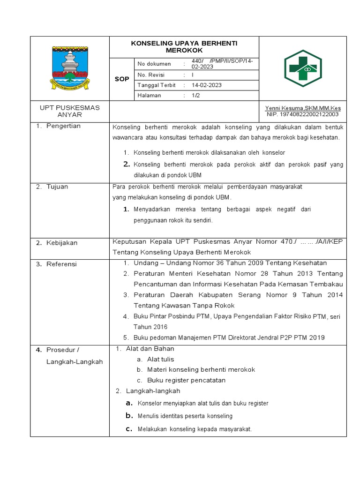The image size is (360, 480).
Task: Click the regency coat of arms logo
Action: tap(70, 68)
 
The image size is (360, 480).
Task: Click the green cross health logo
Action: tap(303, 68)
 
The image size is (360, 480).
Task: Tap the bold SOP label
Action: tap(122, 79)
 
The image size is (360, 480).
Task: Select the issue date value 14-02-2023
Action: tap(207, 85)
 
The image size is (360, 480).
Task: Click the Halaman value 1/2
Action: tap(196, 95)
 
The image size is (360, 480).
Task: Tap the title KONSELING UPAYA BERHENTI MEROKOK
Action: tap(184, 46)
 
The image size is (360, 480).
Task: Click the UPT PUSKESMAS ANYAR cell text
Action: tap(70, 111)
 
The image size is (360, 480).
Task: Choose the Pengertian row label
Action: tap(63, 126)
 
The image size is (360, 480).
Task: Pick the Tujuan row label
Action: tap(57, 187)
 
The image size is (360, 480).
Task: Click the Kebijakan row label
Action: tap(61, 243)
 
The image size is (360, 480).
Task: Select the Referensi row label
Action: tap(61, 264)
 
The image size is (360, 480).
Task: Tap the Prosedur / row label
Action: tap(63, 350)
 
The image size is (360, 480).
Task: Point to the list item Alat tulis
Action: tap(160, 359)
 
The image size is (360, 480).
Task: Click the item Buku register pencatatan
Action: tap(186, 380)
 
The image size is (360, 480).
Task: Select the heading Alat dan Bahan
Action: tap(150, 349)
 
